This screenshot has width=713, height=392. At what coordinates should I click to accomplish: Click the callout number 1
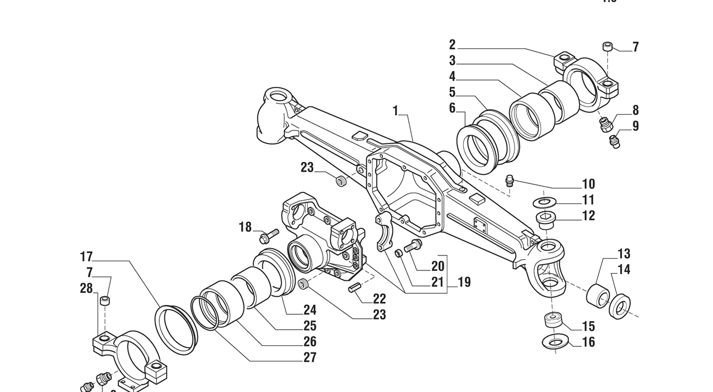click(x=396, y=111)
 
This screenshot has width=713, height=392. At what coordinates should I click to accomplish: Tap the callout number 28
click(x=87, y=288)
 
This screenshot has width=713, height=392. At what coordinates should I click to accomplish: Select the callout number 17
click(x=87, y=257)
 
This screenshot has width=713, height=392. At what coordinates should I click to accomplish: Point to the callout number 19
click(x=464, y=282)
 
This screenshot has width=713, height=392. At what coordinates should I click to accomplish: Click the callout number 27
click(x=310, y=357)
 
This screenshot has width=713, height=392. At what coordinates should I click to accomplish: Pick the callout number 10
click(x=588, y=184)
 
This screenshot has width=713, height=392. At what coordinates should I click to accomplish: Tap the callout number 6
click(x=452, y=108)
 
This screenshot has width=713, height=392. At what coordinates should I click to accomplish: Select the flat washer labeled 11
click(x=543, y=202)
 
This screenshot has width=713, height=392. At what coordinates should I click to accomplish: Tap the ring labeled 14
click(x=620, y=306)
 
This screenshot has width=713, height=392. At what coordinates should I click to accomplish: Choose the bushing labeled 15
click(x=554, y=321)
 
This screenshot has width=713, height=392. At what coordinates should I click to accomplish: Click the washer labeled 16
click(x=555, y=342)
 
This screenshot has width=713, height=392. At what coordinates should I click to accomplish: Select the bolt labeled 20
click(x=413, y=246)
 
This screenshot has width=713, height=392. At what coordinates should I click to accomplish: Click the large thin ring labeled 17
click(x=176, y=330)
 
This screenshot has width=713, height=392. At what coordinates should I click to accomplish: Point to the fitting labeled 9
click(x=615, y=142)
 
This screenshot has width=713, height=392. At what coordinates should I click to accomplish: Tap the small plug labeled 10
click(x=510, y=179)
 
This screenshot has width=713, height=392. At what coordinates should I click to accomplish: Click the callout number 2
click(x=452, y=45)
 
